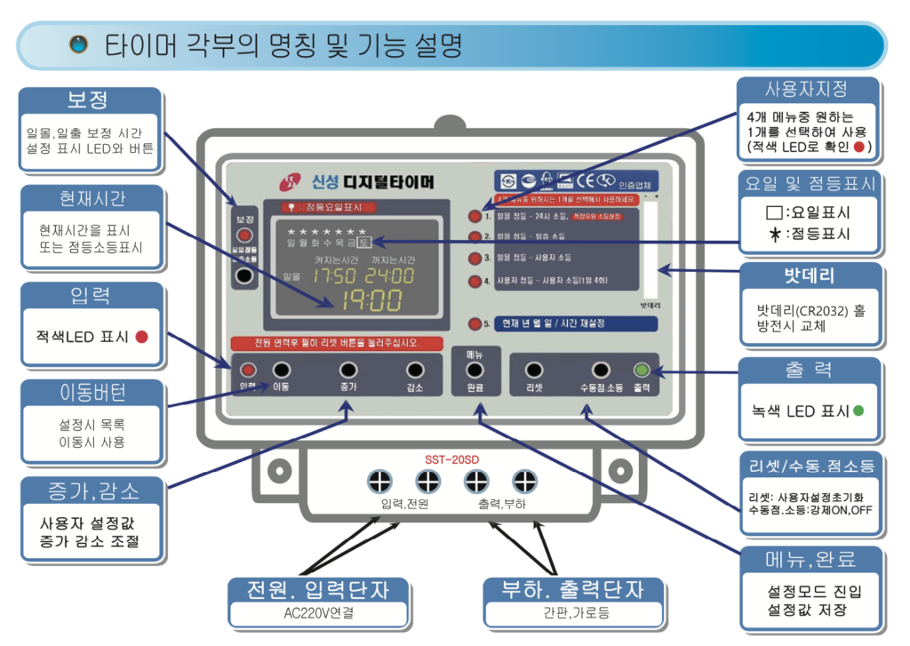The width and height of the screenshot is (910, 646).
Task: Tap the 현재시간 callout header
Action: click(92, 196)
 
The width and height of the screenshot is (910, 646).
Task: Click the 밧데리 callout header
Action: click(807, 275)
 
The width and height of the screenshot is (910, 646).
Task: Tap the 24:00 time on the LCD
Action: click(389, 276)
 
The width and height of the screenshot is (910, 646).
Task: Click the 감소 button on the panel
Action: click(414, 370)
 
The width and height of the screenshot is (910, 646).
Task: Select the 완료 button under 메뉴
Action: click(475, 370)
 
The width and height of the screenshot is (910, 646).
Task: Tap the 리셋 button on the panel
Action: click(534, 370)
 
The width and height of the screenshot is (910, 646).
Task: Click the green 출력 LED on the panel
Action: click(641, 371)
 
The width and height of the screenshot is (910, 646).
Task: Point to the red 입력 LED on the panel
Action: click(249, 371)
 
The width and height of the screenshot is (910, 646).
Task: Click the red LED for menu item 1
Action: click(475, 216)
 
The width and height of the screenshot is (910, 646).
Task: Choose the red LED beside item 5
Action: click(475, 324)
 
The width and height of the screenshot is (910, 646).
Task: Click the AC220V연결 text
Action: click(319, 614)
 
